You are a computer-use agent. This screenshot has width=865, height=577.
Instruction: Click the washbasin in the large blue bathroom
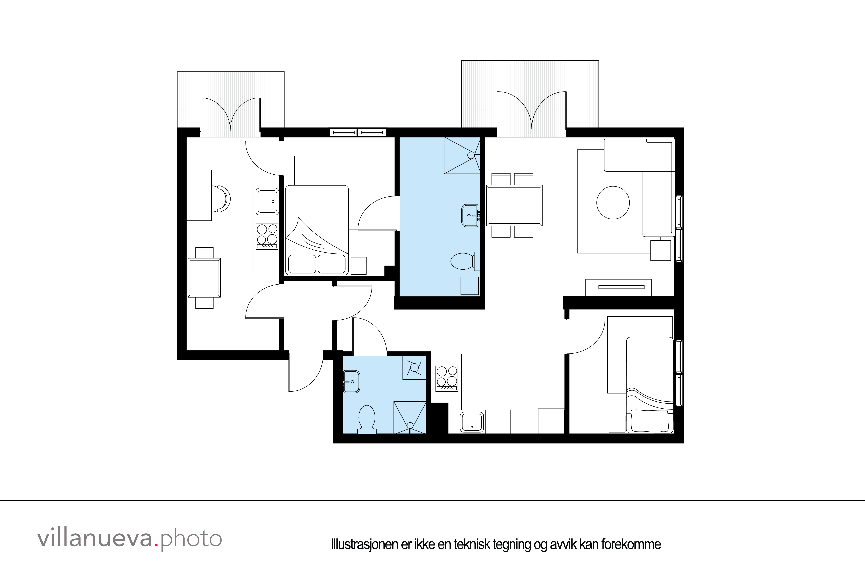coord(470,216)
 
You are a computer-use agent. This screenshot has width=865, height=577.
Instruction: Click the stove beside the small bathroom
coord(447,378)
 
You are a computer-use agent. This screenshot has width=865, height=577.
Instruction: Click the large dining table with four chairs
coord(514,205)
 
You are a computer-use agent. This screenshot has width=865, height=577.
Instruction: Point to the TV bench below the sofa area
coord(618,287)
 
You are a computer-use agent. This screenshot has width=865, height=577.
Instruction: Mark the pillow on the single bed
coord(650,421)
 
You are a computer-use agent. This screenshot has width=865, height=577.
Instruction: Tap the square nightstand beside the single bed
coord(617,424)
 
